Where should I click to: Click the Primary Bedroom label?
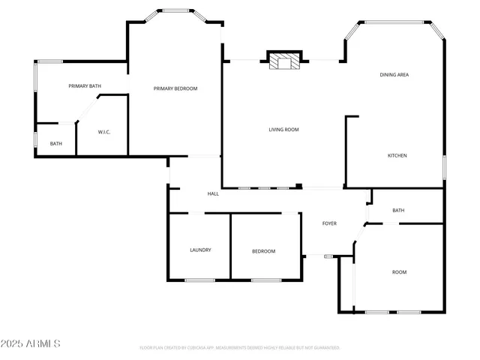pos(175,88)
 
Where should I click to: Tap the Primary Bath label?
pos(85,86)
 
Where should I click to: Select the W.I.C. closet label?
pos(104,133)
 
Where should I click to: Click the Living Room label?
pos(284,130)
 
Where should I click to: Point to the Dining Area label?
pos(394,75)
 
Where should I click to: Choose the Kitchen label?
pos(397,155)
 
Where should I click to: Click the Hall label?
pos(213,194)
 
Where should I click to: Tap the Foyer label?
pos(329,223)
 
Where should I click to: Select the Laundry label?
pos(200,250)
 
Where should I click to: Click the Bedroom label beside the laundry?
pos(263,251)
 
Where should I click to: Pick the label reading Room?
pos(399,272)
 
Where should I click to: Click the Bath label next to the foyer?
pos(398,210)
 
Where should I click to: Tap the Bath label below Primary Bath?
pos(56,143)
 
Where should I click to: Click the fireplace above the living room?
pos(283,61)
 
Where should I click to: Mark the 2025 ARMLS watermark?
pos(31,343)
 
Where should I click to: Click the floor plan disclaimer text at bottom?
pos(240,348)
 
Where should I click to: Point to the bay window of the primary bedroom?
pos(175,11)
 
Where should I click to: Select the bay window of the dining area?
pos(394,22)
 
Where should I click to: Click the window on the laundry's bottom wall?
pos(200,280)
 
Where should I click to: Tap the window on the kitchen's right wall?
pos(444,166)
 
